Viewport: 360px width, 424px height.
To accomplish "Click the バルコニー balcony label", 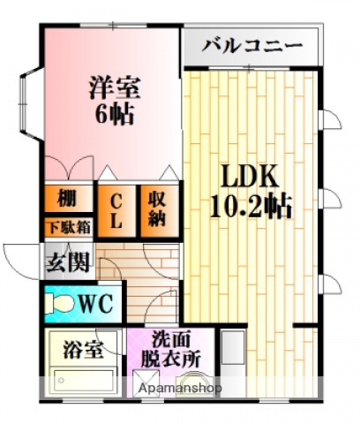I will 251,46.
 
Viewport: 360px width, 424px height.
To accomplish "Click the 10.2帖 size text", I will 251,208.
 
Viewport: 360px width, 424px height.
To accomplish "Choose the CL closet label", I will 116,210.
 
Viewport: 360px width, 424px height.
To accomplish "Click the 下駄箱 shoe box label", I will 67,226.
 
